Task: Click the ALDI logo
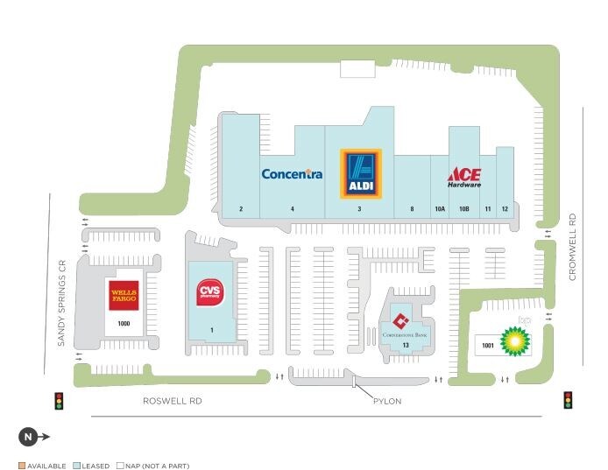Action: (360, 173)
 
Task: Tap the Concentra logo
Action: (292, 174)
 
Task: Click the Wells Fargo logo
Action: (123, 296)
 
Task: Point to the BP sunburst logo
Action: (515, 340)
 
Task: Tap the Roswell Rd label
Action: (172, 401)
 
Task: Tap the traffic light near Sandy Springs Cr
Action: (60, 401)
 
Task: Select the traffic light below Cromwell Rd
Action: (568, 399)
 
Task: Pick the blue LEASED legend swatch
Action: (77, 466)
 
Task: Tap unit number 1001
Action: (486, 346)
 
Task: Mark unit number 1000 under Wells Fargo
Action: (123, 324)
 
